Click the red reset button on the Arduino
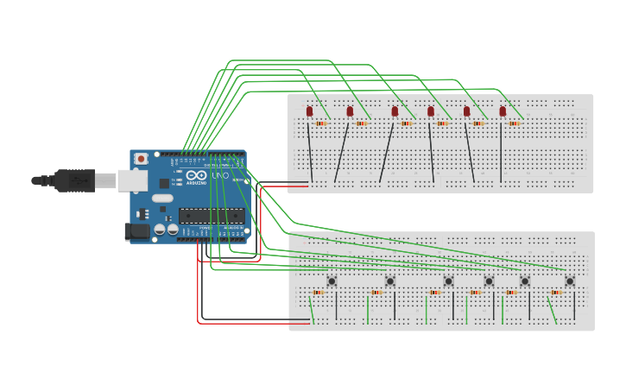click(141, 160)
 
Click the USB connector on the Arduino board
click(132, 180)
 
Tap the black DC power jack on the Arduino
click(136, 230)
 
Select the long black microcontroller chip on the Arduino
click(211, 216)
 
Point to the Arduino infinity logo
click(197, 175)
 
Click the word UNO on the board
click(220, 176)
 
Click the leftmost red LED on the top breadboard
click(309, 110)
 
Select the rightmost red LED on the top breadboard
click(503, 110)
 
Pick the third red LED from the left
click(395, 110)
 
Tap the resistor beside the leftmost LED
click(321, 123)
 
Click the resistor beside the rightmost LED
click(514, 123)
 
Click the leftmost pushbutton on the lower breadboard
click(332, 281)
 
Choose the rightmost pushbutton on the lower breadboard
click(570, 281)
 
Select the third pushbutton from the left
click(448, 281)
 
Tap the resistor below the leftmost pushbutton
click(319, 293)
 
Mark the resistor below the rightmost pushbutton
click(556, 293)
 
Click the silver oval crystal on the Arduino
click(162, 199)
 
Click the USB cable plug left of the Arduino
click(73, 180)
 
